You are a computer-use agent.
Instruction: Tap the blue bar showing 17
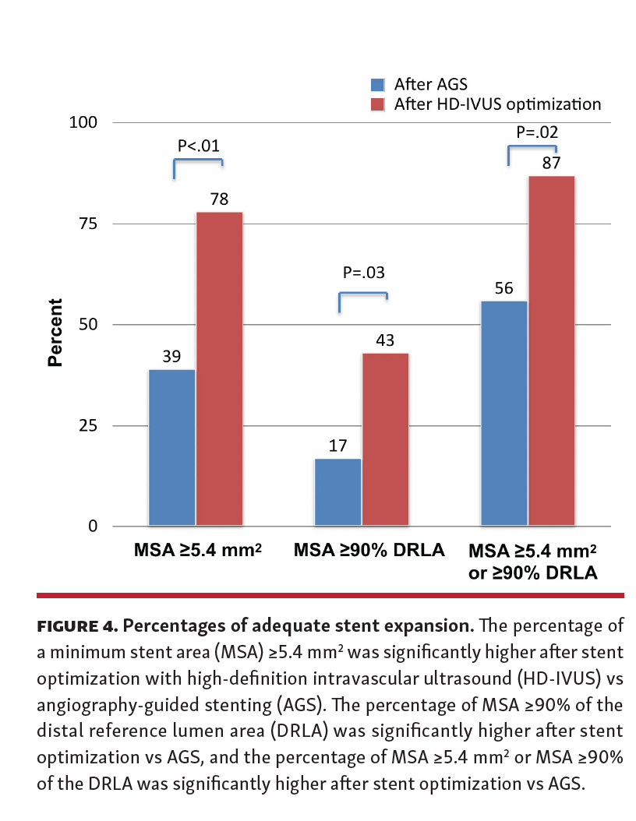[x=338, y=492]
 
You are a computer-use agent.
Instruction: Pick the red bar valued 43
[x=385, y=439]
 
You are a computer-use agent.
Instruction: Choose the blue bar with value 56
[x=504, y=413]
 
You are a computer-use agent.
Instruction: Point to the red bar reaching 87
[x=551, y=351]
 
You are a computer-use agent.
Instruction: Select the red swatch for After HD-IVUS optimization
[x=378, y=104]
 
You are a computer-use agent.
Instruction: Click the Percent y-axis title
[x=55, y=333]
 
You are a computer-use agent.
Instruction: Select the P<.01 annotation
[x=198, y=145]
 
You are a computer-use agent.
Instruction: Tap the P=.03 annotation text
[x=364, y=273]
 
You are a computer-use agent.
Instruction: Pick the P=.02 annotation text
[x=537, y=132]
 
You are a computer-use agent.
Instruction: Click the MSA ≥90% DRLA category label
[x=369, y=551]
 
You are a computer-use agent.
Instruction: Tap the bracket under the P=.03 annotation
[x=363, y=294]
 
